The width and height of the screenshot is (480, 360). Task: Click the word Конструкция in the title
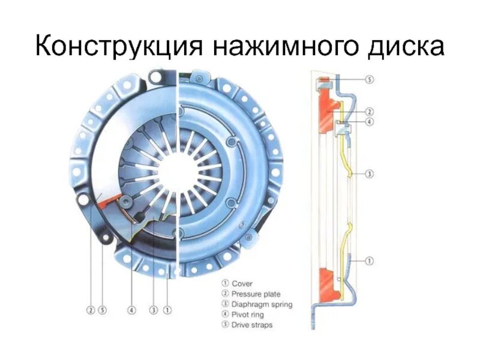118,46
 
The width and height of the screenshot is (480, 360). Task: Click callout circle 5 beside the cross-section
370,79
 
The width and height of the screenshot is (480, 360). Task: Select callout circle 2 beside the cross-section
370,112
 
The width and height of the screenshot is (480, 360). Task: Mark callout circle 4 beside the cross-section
370,122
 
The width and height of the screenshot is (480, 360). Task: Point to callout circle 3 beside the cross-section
370,174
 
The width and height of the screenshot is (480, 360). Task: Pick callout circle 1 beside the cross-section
370,260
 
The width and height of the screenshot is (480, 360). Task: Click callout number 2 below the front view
90,310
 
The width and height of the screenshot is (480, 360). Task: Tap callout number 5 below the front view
102,310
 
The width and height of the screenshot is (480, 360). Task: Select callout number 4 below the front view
131,310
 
